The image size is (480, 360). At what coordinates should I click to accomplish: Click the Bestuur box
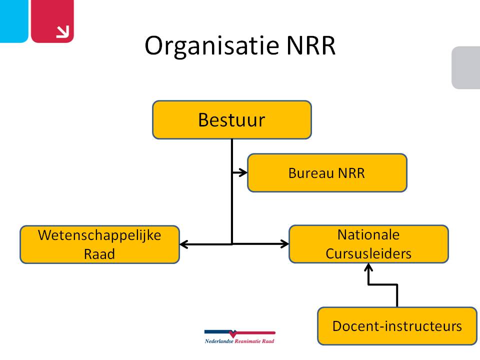tap(231, 120)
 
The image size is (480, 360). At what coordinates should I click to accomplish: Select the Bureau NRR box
tap(327, 173)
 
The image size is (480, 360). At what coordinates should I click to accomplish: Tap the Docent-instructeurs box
tap(397, 326)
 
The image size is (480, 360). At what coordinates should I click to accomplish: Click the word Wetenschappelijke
tap(99, 235)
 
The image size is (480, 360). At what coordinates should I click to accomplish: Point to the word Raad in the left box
tap(99, 254)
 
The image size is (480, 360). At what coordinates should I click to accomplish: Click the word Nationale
tap(368, 234)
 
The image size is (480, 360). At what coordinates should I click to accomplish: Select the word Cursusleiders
tap(368, 253)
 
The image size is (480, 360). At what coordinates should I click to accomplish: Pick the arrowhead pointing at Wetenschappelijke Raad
tap(183, 244)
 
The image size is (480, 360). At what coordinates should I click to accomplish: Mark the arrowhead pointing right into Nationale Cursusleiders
tap(285, 244)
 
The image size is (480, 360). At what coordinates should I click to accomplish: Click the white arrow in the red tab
tap(62, 31)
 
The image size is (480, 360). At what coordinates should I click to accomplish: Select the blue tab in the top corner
tap(13, 20)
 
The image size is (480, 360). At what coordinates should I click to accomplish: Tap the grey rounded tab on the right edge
tap(466, 67)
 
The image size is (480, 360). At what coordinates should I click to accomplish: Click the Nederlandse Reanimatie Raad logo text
tap(239, 341)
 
